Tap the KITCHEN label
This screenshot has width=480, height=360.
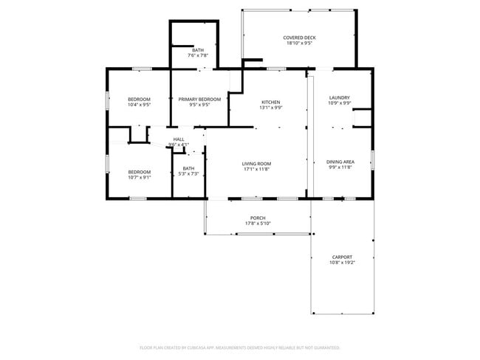[271, 102]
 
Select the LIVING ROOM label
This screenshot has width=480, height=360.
[257, 163]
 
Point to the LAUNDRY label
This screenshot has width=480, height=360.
[339, 97]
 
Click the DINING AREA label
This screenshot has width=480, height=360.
[340, 162]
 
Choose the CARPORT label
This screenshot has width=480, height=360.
[342, 257]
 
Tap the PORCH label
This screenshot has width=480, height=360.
[258, 218]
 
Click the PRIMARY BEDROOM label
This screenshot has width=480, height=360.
[199, 99]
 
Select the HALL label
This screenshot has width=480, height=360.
[179, 139]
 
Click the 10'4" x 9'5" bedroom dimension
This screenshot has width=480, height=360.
[139, 105]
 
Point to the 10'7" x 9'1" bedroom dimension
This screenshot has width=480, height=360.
[139, 177]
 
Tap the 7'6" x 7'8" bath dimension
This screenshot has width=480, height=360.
[198, 55]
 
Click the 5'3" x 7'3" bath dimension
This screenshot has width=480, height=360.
[189, 174]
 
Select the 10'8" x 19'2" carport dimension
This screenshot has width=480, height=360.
[342, 263]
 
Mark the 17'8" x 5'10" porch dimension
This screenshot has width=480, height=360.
[258, 224]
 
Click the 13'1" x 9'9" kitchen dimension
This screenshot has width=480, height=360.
[271, 108]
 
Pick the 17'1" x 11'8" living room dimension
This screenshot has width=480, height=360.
[257, 169]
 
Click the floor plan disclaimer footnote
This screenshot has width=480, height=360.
[239, 347]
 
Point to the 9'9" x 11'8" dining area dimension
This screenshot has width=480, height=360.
[340, 167]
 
